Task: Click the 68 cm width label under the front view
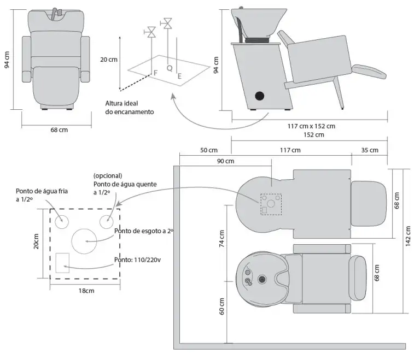click(59, 130)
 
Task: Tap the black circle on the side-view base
click(259, 96)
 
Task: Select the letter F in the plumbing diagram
click(155, 73)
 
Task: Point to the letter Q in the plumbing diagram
click(170, 68)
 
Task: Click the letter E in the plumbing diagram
click(180, 77)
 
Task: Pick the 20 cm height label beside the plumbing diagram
click(109, 60)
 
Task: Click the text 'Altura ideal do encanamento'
click(130, 107)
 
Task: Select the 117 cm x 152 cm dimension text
click(311, 126)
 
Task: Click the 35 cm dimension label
click(370, 150)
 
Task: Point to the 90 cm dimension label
click(226, 161)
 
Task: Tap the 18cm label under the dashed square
click(86, 291)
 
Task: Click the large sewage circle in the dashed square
click(85, 239)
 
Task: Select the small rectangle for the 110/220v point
click(63, 263)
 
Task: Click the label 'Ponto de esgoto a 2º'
click(143, 231)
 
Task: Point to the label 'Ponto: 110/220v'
click(137, 259)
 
